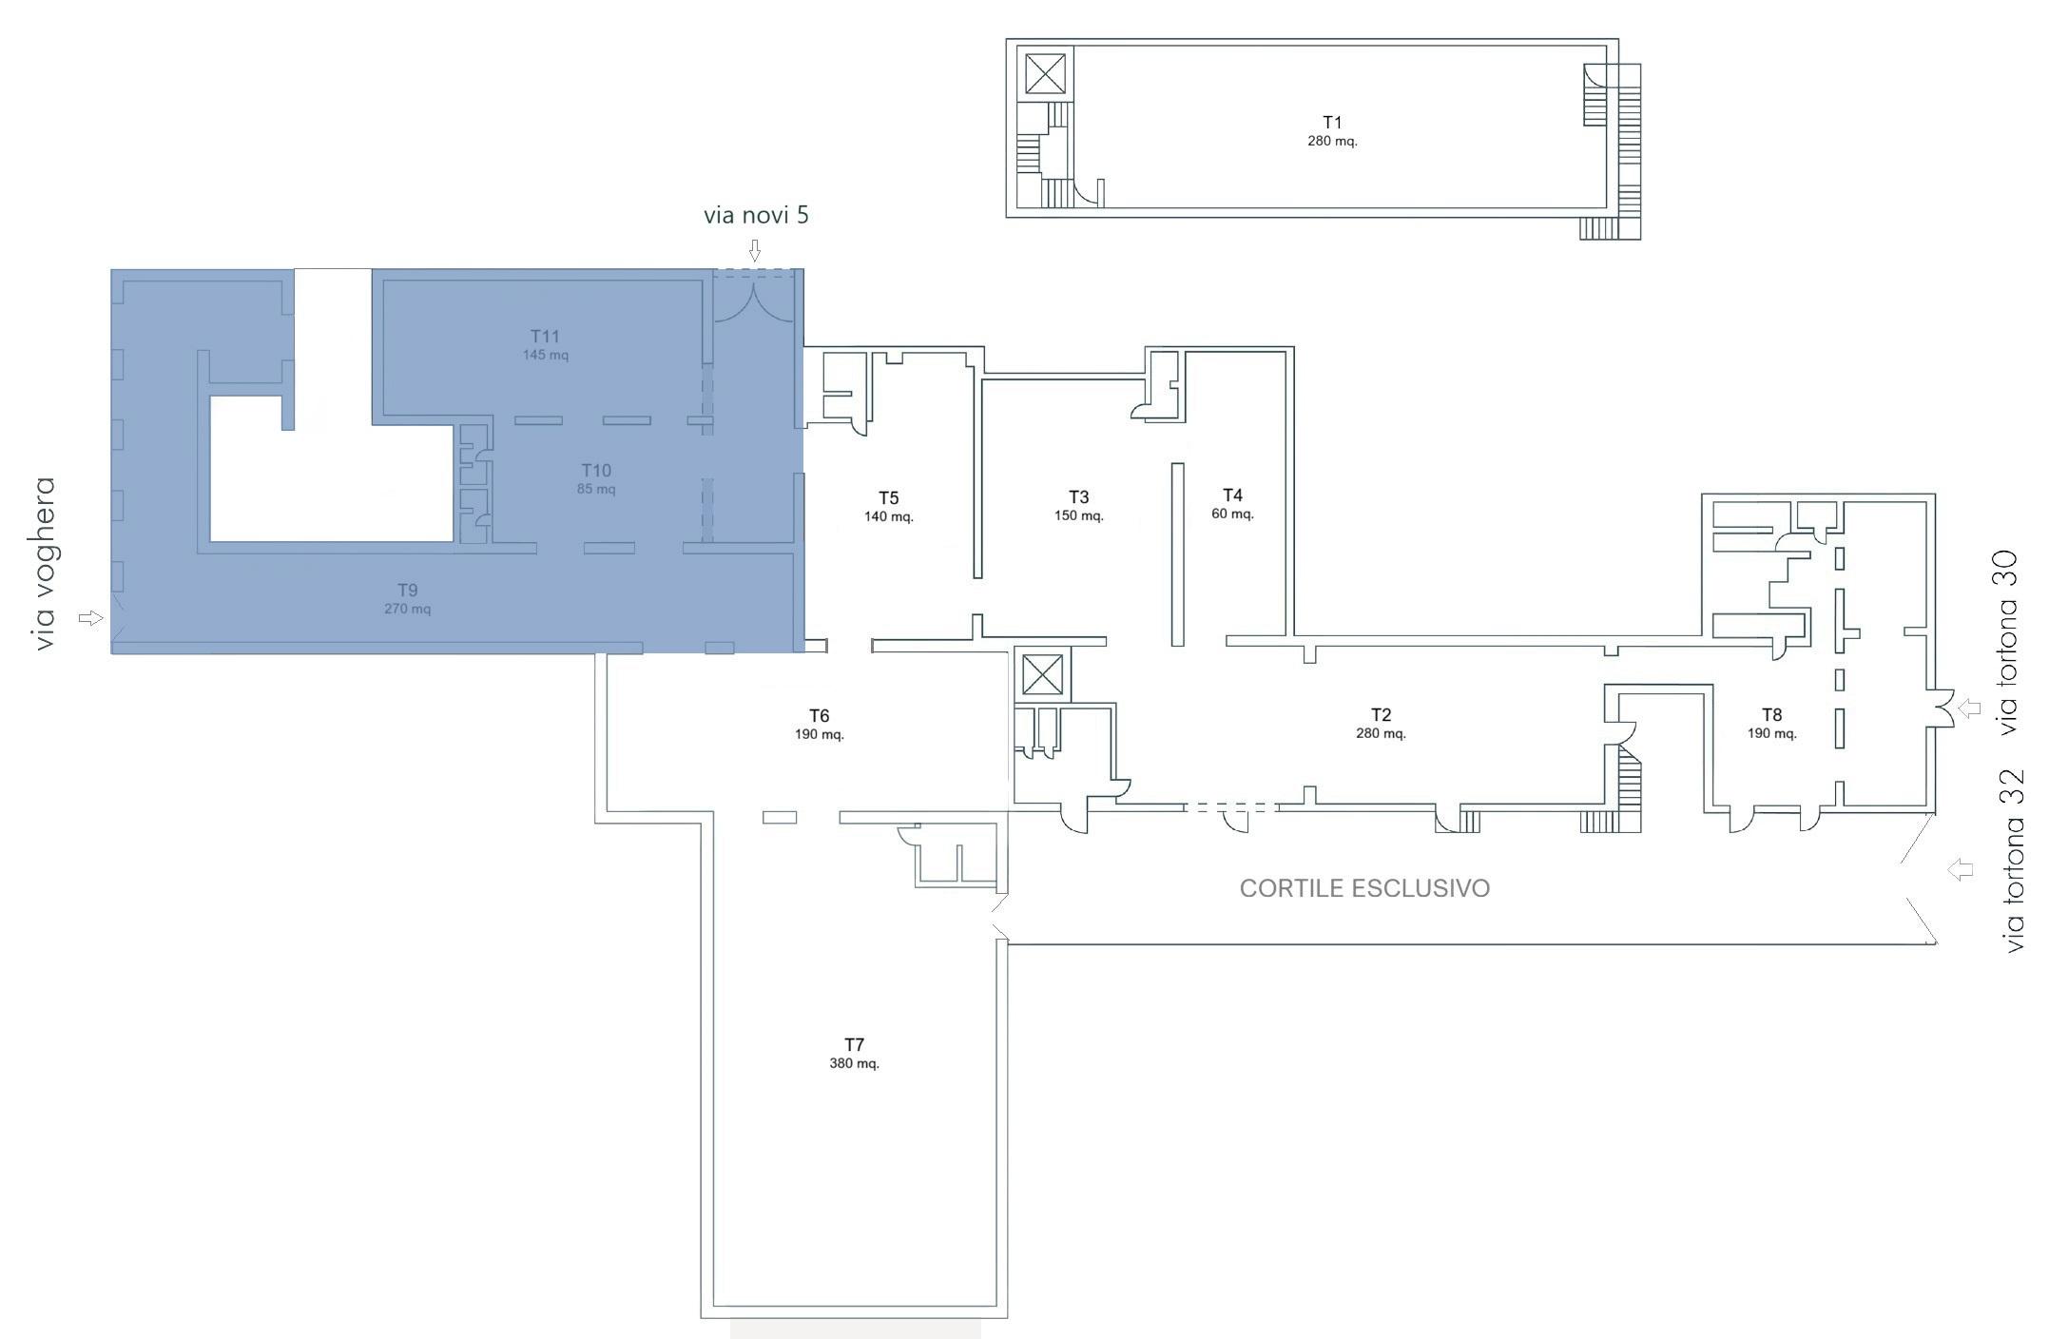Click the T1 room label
(1331, 122)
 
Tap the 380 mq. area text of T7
(854, 1063)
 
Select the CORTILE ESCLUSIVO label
(1364, 888)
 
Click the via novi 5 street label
(756, 215)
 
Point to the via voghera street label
(45, 564)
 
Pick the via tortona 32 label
(2013, 861)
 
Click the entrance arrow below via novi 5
(755, 250)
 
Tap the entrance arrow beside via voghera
(90, 618)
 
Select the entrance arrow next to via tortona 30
(1969, 708)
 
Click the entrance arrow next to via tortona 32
(1961, 869)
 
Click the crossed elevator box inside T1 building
(1045, 73)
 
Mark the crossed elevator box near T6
(1041, 676)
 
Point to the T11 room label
(545, 336)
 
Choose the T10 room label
(596, 471)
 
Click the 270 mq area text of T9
(408, 609)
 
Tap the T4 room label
(1232, 495)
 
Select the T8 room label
(1771, 714)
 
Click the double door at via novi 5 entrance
(754, 301)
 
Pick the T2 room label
(1381, 714)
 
